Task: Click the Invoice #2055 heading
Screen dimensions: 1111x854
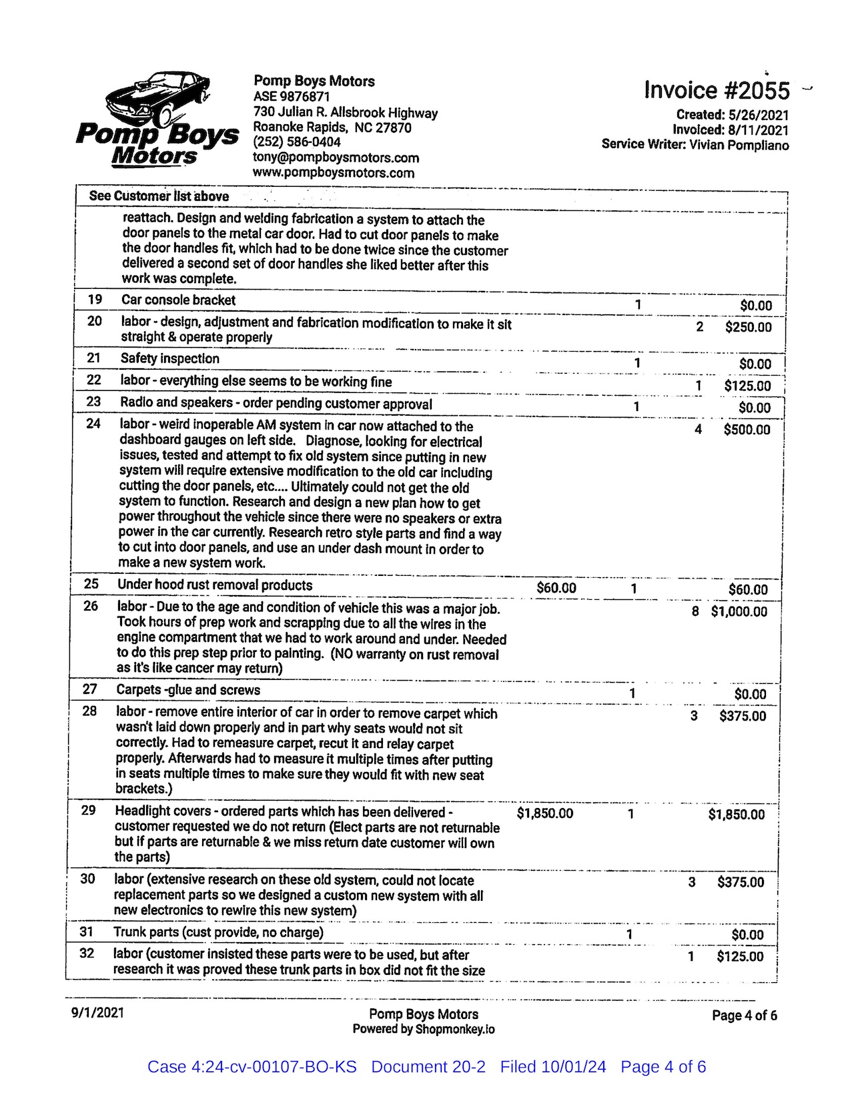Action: [717, 90]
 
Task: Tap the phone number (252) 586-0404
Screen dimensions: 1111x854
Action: [297, 142]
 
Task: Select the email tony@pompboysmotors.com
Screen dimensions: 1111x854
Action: [336, 157]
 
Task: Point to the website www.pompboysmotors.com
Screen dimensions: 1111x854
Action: [334, 173]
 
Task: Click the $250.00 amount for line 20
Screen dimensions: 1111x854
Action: [748, 327]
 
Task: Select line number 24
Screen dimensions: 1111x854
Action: [93, 423]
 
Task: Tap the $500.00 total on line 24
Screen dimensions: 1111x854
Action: [747, 430]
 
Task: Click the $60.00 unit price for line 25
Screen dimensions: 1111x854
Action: [556, 588]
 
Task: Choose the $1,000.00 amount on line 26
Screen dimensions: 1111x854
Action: [739, 611]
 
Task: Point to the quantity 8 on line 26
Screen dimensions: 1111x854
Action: [695, 611]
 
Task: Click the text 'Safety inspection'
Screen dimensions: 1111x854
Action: [169, 358]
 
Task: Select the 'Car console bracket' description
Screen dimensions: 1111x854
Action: [178, 300]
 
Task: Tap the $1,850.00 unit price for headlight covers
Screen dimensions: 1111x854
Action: [544, 813]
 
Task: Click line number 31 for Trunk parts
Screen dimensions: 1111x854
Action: [87, 932]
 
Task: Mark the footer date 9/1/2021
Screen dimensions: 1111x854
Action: [97, 1012]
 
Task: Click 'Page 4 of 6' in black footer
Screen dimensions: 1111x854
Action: [744, 1015]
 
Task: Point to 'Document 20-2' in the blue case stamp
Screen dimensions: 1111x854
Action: [428, 1067]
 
